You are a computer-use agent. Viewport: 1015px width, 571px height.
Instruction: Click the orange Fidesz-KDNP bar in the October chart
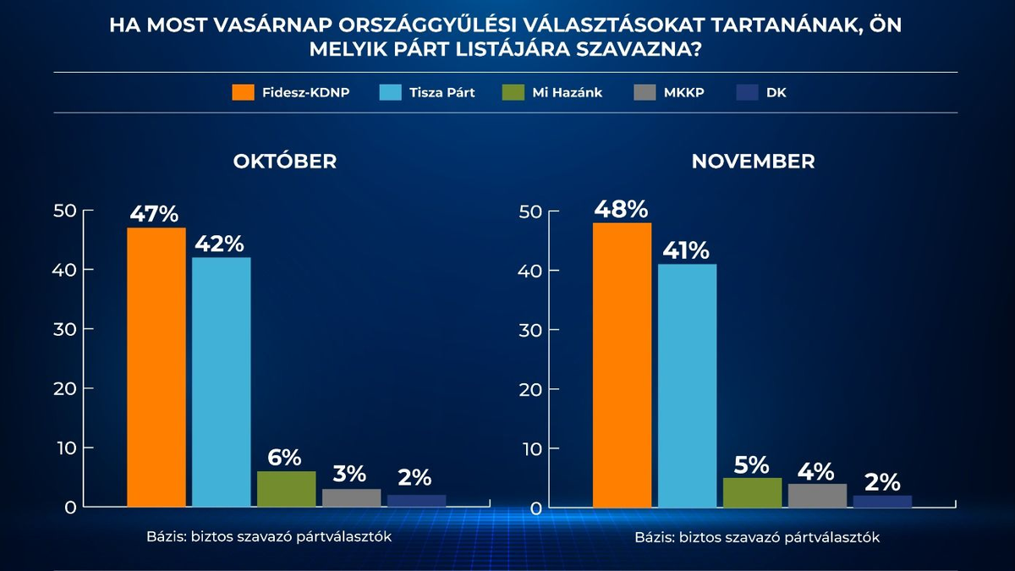tap(156, 367)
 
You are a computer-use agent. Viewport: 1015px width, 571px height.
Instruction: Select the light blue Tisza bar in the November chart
tap(687, 386)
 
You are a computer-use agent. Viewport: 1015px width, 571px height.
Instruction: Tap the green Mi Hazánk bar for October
tap(286, 489)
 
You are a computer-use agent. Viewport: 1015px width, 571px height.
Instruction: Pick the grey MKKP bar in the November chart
tap(817, 496)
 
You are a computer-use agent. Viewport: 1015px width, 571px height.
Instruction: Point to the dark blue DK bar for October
tap(416, 501)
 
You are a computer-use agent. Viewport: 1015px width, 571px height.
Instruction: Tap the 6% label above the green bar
tap(285, 458)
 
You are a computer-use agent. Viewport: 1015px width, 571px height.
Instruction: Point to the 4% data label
tap(816, 470)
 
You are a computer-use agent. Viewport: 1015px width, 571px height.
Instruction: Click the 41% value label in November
tap(686, 250)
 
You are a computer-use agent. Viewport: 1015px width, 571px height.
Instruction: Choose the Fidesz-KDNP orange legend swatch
tap(243, 92)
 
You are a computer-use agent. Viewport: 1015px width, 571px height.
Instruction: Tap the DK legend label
tap(776, 92)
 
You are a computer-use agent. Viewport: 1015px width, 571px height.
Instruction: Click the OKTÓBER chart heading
tap(285, 161)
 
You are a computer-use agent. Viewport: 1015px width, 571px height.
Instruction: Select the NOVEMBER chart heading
tap(753, 161)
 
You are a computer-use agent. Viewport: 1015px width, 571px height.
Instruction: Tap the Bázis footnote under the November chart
tap(757, 537)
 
